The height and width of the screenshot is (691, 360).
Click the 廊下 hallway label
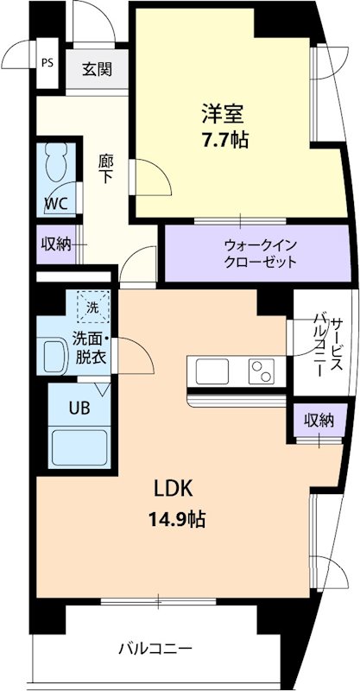click(x=106, y=168)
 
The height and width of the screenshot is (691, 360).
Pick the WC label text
click(x=58, y=206)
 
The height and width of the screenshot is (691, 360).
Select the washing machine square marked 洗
click(x=91, y=306)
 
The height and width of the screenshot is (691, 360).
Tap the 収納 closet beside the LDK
click(x=318, y=421)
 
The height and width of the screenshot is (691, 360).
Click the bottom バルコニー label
click(x=155, y=648)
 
